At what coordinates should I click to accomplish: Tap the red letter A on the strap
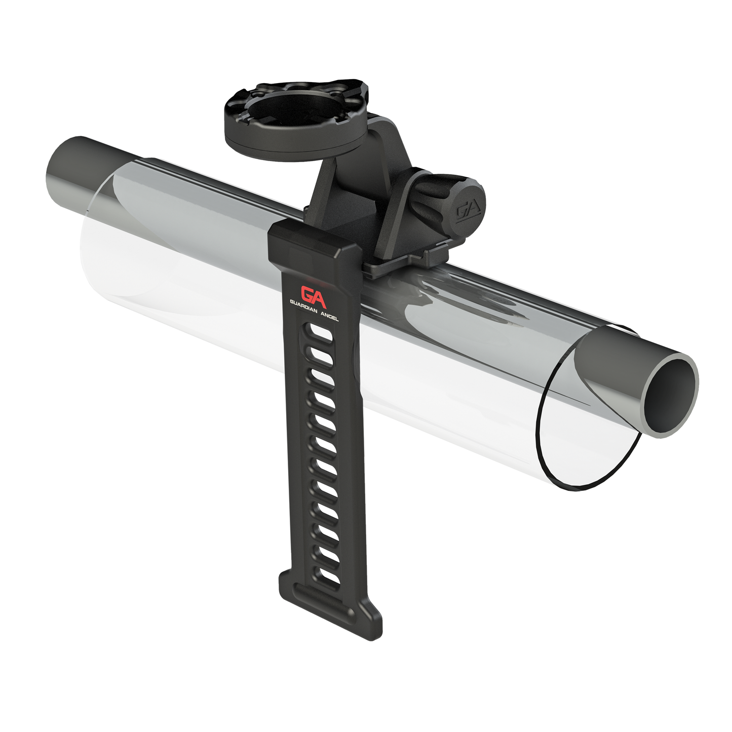320,299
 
